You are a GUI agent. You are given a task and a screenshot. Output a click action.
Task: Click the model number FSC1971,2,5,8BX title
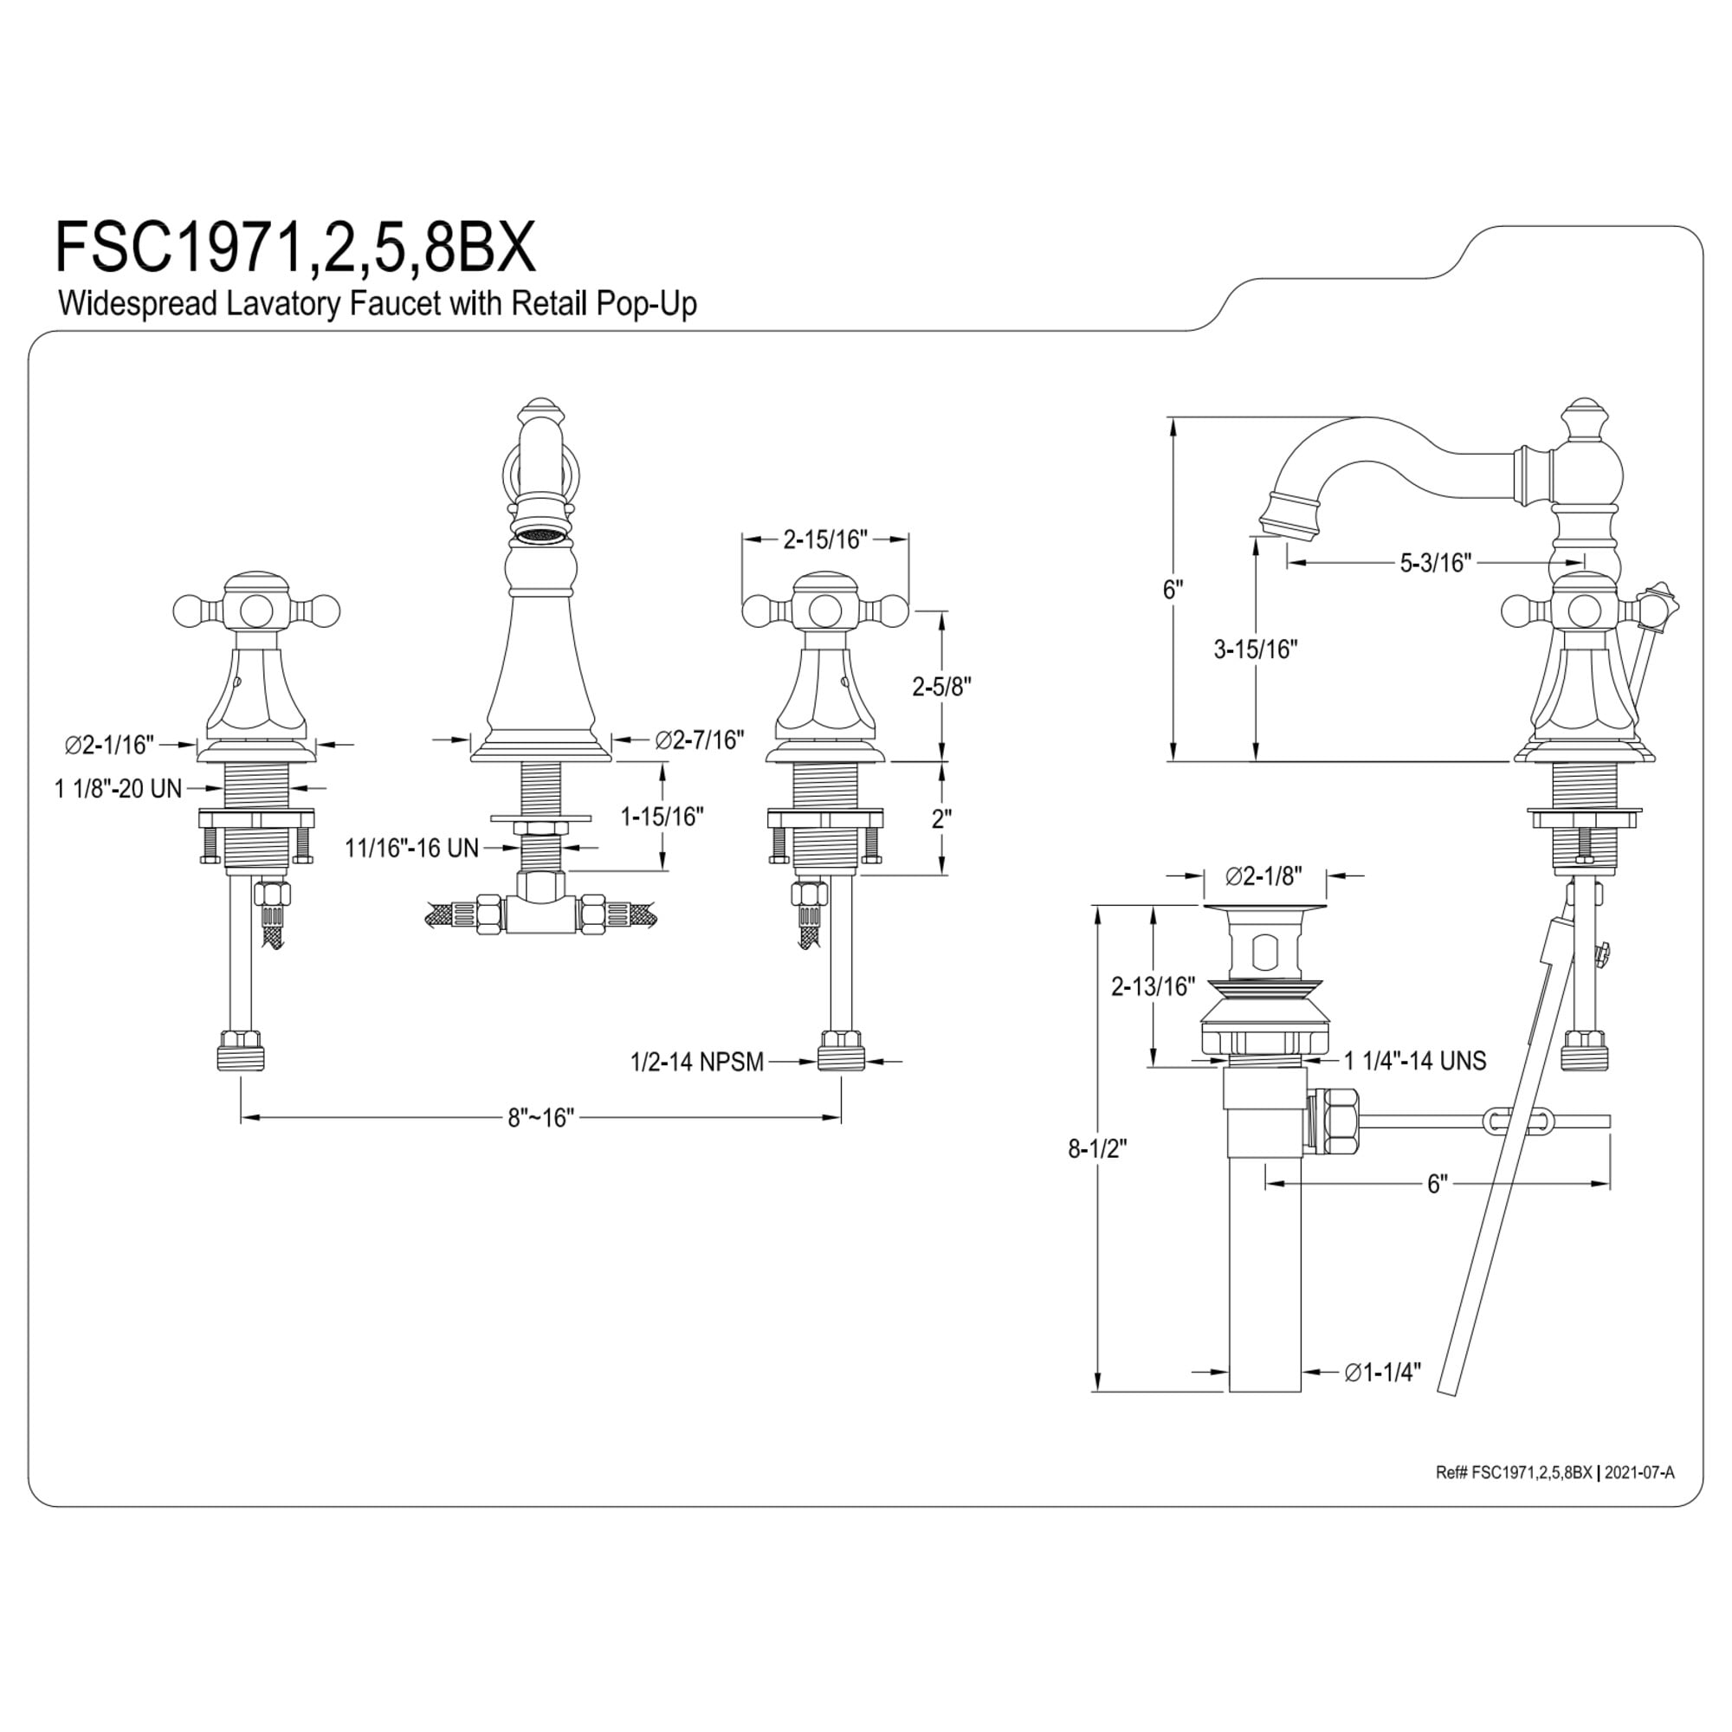[296, 248]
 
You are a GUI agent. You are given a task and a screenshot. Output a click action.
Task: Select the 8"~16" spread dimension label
[540, 1118]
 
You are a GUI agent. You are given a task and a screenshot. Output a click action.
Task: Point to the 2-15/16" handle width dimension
[824, 540]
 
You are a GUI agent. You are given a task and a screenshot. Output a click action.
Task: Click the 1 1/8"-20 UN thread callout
[119, 789]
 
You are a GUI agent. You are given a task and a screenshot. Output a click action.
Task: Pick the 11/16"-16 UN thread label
[412, 848]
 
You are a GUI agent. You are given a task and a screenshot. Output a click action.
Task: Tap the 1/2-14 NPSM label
[696, 1063]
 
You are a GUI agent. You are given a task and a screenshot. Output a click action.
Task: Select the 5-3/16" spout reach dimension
[1436, 563]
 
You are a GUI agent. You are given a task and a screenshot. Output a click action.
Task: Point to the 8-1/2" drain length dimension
[1096, 1148]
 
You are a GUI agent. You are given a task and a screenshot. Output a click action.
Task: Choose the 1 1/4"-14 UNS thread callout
[1415, 1061]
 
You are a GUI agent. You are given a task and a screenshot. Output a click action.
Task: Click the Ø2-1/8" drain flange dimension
[1264, 876]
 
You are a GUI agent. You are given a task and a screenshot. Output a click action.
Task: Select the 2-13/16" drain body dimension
[1153, 987]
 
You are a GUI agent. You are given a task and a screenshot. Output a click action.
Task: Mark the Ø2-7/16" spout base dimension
[699, 740]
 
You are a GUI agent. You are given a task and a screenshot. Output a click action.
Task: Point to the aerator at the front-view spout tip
[539, 535]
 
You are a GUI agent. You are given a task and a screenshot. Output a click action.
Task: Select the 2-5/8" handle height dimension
[941, 686]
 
